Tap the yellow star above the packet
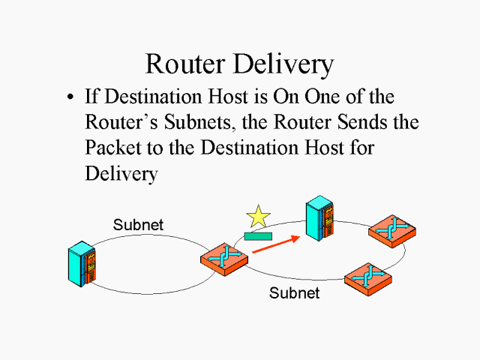tap(258, 217)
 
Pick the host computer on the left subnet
tap(82, 264)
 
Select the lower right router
tap(367, 279)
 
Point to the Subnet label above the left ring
tap(138, 224)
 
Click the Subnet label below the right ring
tap(294, 292)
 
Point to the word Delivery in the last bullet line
tap(121, 174)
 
